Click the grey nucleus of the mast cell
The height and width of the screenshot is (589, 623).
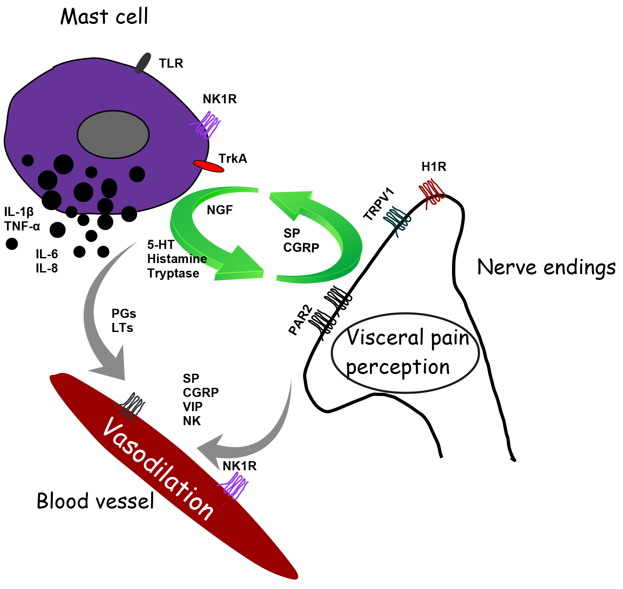tap(113, 135)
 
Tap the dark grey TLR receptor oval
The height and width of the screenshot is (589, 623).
tap(143, 63)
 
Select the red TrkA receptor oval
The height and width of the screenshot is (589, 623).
tap(208, 166)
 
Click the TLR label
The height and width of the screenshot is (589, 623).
tap(171, 63)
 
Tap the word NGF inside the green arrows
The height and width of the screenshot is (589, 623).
tap(220, 210)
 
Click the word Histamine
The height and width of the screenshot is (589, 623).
tap(177, 259)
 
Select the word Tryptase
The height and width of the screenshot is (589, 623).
tap(173, 273)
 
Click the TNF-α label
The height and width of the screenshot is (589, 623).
tap(22, 226)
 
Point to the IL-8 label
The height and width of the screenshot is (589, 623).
tap(47, 268)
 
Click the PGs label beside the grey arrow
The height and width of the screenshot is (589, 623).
tap(124, 314)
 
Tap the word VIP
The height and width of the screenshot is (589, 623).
tap(193, 407)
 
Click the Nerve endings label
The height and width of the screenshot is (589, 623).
tap(546, 268)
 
